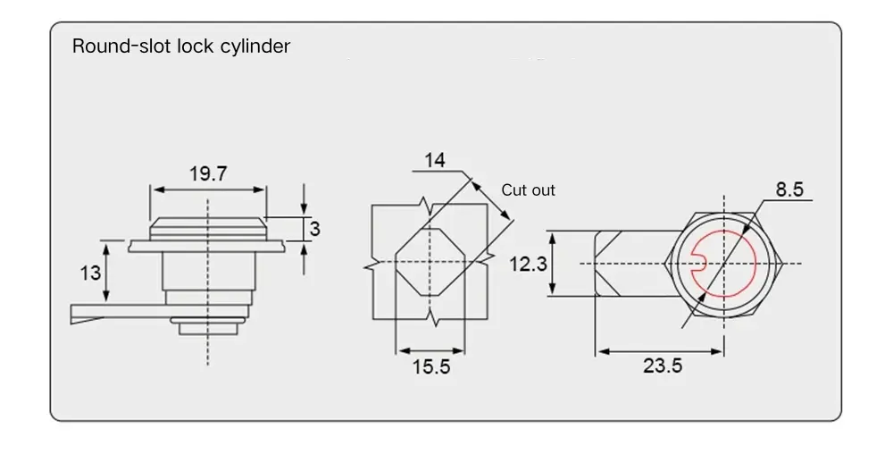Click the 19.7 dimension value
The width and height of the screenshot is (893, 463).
click(x=207, y=173)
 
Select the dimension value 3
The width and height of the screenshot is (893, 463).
click(x=314, y=229)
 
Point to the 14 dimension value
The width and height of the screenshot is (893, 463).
click(x=435, y=160)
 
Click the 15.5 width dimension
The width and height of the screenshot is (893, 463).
click(x=431, y=367)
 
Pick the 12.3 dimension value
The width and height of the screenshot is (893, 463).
click(x=528, y=265)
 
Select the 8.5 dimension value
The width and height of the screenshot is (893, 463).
click(x=789, y=189)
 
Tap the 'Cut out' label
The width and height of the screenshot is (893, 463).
click(x=528, y=190)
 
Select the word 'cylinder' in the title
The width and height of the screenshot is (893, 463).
click(x=255, y=46)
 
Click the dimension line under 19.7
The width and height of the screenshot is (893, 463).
click(x=207, y=189)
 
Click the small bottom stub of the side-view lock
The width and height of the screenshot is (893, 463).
click(x=207, y=328)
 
